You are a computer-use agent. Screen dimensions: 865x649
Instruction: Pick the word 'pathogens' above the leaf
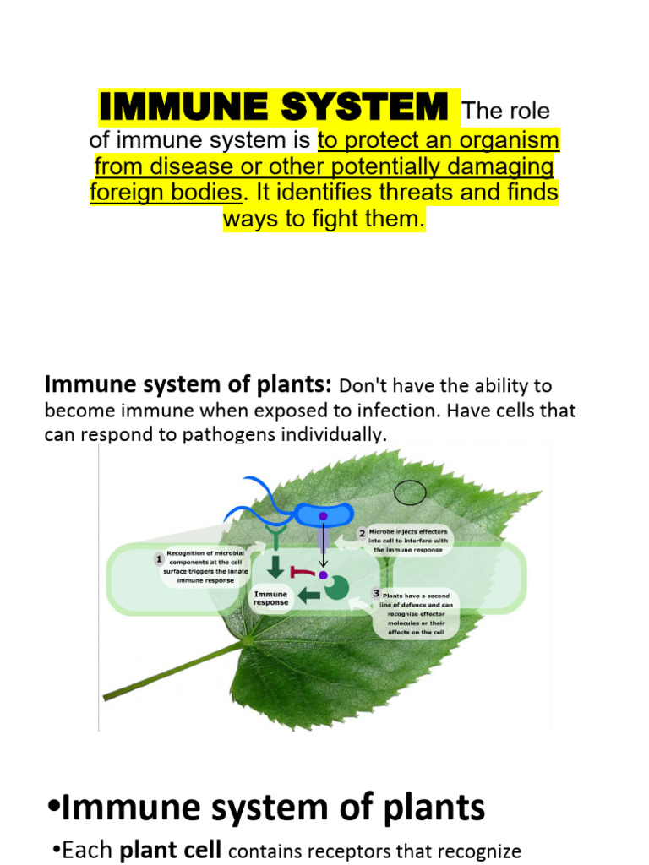[x=191, y=435]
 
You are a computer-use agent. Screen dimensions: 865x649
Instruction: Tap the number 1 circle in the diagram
[x=159, y=558]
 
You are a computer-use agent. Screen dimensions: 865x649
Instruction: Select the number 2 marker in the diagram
[x=361, y=533]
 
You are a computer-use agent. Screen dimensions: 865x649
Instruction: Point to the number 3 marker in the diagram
[x=376, y=593]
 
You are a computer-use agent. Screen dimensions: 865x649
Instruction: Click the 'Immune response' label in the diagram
[x=270, y=598]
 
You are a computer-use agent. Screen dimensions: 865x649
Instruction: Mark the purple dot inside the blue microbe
[x=323, y=516]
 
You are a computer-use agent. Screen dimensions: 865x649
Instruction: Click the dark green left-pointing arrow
[x=309, y=596]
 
